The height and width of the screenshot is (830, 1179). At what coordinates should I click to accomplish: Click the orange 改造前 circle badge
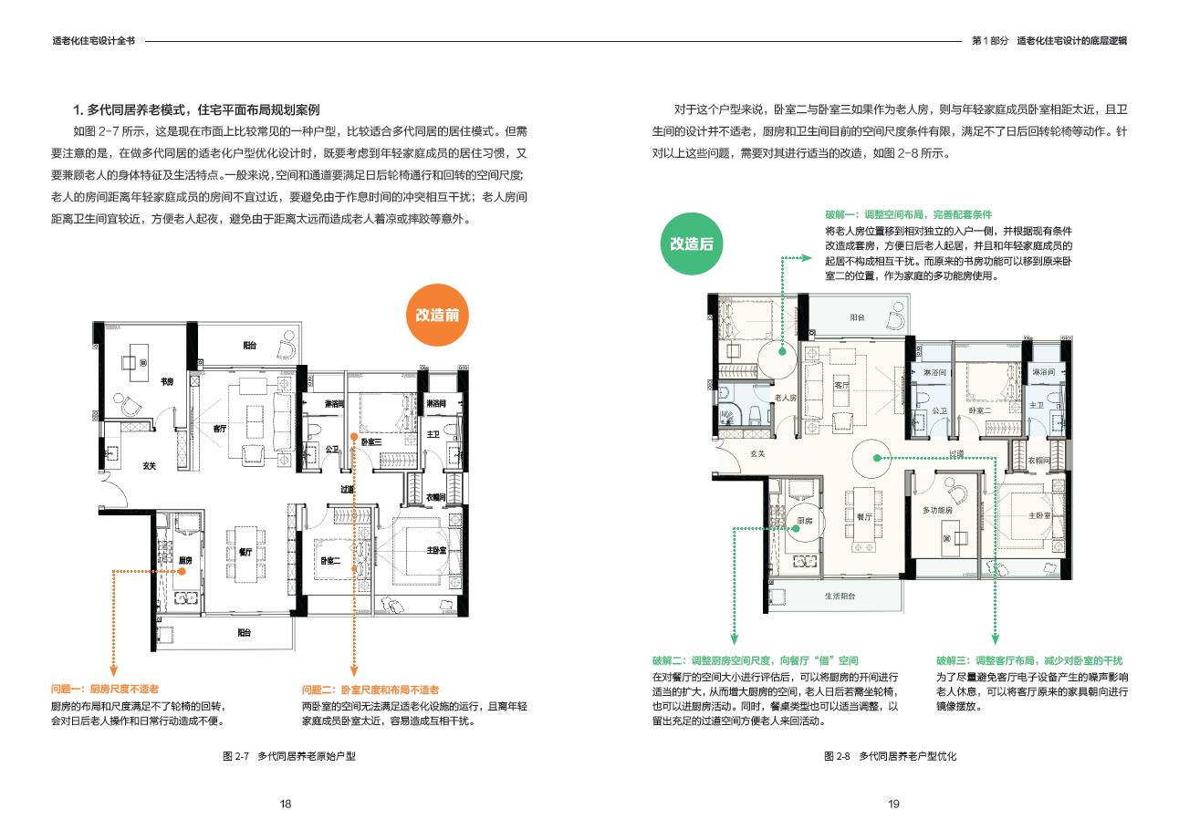click(x=437, y=315)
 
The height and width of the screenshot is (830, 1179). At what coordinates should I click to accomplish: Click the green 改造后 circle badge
click(x=691, y=244)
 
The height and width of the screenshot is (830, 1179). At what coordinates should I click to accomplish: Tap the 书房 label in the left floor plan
click(x=167, y=381)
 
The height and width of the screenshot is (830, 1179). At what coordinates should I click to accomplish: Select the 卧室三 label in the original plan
click(x=371, y=441)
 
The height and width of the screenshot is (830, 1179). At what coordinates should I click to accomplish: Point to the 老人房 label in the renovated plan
click(x=786, y=398)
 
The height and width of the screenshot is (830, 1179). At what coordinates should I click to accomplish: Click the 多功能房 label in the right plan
click(x=937, y=510)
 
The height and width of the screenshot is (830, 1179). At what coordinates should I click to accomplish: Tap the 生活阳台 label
click(x=840, y=596)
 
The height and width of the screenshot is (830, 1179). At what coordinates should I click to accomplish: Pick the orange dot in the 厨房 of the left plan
click(x=182, y=571)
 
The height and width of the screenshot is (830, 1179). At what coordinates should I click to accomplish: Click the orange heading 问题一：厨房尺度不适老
click(x=105, y=689)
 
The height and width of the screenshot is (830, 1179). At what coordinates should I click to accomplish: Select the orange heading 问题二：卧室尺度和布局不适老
click(x=370, y=690)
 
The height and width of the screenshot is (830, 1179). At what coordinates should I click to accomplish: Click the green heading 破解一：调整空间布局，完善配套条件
click(x=908, y=214)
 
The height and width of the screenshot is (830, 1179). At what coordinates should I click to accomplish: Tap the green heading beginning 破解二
click(x=755, y=660)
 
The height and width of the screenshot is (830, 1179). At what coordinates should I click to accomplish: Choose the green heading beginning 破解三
click(x=1029, y=660)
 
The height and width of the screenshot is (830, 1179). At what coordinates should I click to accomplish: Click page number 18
click(x=286, y=804)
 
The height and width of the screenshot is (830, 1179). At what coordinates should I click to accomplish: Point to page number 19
click(x=893, y=804)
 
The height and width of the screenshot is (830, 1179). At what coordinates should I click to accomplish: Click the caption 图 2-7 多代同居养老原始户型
click(x=289, y=756)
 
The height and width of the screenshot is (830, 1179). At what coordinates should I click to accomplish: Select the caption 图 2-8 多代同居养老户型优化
click(x=890, y=756)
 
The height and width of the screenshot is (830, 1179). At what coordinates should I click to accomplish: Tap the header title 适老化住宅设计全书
click(x=94, y=40)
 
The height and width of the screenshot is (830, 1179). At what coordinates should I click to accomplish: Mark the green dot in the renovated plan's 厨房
click(x=796, y=529)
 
